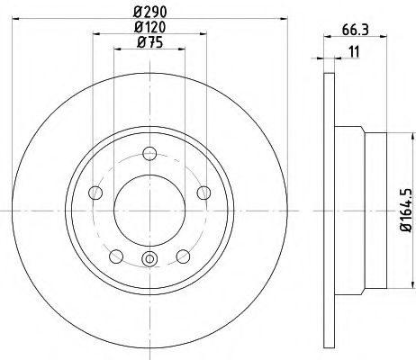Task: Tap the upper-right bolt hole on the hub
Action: (203, 190)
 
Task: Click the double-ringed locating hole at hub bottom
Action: (150, 261)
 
